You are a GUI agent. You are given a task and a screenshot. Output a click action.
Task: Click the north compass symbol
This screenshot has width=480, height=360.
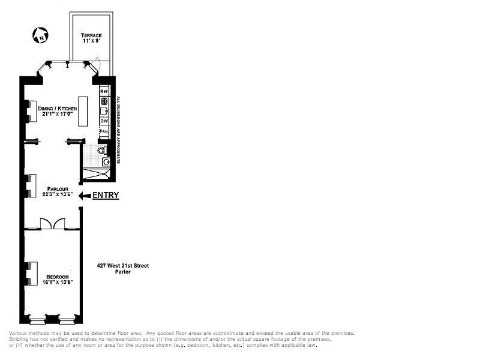(40, 36)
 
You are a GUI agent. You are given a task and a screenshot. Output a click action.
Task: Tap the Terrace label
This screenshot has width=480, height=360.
(91, 35)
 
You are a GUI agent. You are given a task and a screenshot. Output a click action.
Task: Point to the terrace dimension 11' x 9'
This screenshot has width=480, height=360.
(91, 42)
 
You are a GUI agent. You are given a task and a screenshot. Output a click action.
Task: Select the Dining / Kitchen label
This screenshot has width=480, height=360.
(58, 109)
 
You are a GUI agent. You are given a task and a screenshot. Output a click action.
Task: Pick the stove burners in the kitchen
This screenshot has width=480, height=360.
(104, 101)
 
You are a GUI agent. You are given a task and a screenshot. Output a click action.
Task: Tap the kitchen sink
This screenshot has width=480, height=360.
(104, 110)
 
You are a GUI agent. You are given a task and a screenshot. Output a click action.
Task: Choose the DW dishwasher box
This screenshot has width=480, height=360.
(104, 121)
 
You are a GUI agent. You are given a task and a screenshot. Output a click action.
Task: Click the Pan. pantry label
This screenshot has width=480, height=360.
(104, 130)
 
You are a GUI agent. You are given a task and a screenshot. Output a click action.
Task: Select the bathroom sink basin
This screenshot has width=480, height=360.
(106, 161)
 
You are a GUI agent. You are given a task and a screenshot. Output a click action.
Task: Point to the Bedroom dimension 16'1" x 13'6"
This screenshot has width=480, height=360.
(58, 282)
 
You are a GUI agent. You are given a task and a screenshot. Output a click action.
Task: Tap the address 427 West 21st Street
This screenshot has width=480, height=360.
(123, 265)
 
